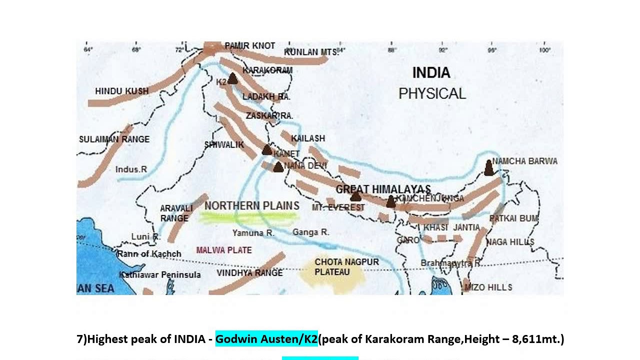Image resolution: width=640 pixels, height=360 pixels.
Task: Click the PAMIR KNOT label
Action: coord(249,45)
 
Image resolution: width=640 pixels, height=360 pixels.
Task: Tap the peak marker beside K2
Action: coord(232,78)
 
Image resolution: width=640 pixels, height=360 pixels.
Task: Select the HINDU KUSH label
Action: coord(121,91)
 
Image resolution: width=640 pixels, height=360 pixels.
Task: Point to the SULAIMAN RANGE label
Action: coord(114,139)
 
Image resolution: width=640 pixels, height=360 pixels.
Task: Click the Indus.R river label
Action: coord(131,169)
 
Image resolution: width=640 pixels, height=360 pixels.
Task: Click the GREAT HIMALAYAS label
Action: coord(383,189)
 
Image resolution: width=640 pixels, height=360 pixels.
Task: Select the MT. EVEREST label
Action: coord(338,207)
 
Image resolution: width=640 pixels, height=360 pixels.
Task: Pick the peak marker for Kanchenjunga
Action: coord(391,201)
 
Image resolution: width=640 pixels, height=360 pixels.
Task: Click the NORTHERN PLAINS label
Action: coord(252,205)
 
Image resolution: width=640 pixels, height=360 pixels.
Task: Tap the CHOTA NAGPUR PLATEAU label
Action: coord(339,267)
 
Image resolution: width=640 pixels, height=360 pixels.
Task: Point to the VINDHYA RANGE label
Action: coord(249,273)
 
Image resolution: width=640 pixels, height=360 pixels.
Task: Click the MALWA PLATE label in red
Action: coord(224,250)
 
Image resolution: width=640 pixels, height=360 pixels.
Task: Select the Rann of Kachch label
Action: coord(149,254)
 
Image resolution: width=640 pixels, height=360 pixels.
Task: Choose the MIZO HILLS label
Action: coord(488,287)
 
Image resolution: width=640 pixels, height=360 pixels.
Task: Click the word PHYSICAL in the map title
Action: coord(432,93)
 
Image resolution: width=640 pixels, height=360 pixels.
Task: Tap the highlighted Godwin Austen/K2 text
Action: coord(266,339)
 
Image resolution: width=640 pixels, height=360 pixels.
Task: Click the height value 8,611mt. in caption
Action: coord(537,339)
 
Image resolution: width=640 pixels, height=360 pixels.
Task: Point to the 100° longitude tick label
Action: coord(544,50)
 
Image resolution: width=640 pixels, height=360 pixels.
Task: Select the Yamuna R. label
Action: coord(253,233)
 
